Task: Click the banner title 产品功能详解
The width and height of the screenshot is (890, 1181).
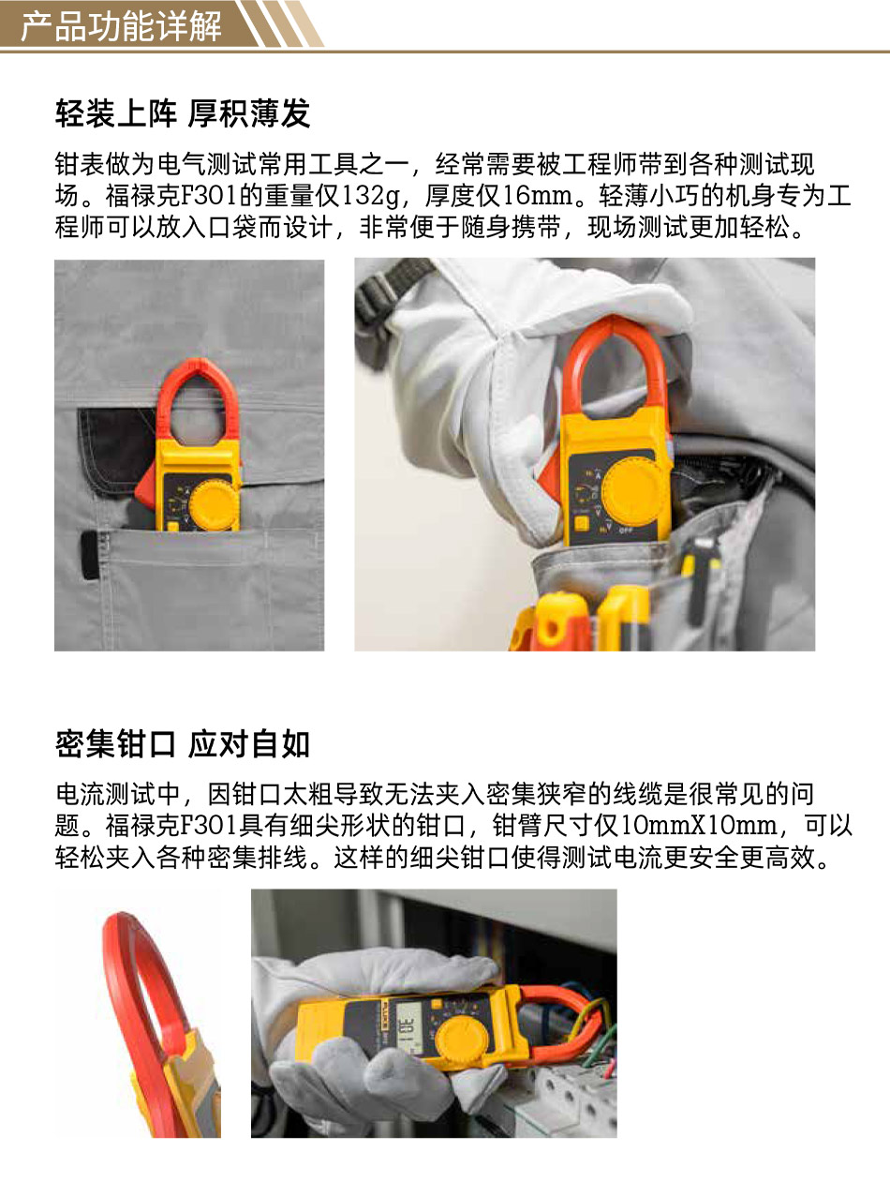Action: coord(121,26)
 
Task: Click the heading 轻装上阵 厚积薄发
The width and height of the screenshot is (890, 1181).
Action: coord(183,113)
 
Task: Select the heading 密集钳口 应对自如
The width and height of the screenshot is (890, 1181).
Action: coord(183,744)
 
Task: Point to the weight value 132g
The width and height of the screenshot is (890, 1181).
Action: coord(370,196)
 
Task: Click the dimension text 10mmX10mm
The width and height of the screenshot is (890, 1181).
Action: coord(699,826)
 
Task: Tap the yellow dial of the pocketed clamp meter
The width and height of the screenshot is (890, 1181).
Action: coord(214,505)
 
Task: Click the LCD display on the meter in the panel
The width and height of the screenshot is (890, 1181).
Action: coord(408,1030)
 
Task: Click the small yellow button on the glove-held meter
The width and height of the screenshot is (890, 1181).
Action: coord(581,523)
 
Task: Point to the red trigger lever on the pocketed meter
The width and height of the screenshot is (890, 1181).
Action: coord(145,488)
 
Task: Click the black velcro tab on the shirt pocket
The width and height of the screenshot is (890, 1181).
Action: coord(90,556)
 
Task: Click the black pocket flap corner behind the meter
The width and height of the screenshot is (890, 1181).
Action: coord(115,452)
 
